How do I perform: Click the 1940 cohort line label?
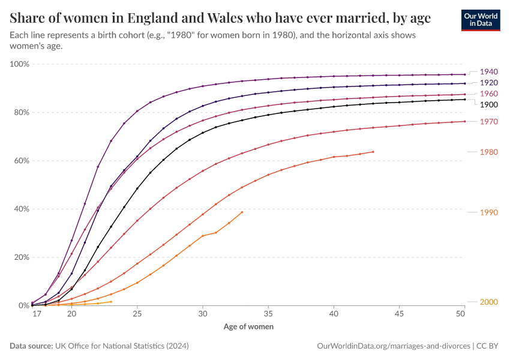click(x=489, y=71)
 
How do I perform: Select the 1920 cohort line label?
click(x=489, y=82)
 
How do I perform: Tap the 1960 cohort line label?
click(x=489, y=94)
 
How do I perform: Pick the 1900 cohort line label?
click(x=489, y=104)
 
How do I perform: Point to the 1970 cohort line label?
click(x=489, y=122)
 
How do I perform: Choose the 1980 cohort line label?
click(x=489, y=152)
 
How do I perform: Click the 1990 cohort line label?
click(x=489, y=212)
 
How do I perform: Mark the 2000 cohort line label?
click(x=489, y=302)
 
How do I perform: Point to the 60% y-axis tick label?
click(x=22, y=161)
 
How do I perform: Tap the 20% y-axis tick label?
click(x=22, y=257)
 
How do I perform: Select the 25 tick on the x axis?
click(x=137, y=314)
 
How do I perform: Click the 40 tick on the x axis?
click(x=334, y=314)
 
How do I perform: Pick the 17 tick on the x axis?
click(x=37, y=314)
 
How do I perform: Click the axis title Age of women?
click(x=248, y=327)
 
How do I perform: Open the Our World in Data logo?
click(x=481, y=19)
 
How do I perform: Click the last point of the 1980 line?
click(x=373, y=152)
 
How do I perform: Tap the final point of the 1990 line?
click(x=242, y=212)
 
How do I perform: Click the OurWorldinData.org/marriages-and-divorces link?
click(x=393, y=346)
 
